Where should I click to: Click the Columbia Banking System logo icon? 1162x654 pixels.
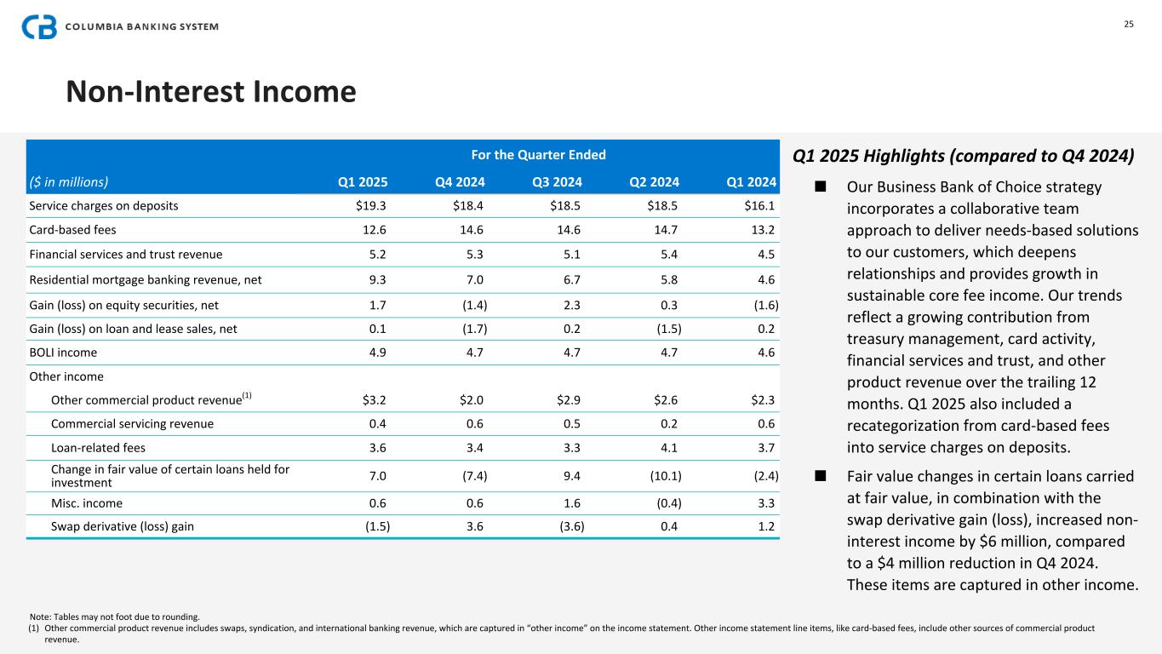pyautogui.click(x=39, y=26)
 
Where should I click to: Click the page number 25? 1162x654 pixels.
pyautogui.click(x=1128, y=24)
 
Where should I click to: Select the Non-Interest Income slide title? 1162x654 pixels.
pyautogui.click(x=210, y=92)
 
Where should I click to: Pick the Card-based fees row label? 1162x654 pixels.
pyautogui.click(x=72, y=229)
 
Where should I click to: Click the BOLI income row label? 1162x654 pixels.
pyautogui.click(x=63, y=353)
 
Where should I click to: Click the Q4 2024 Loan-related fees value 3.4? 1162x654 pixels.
pyautogui.click(x=474, y=448)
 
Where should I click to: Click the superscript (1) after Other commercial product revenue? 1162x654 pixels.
pyautogui.click(x=247, y=395)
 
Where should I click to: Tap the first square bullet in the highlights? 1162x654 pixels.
pyautogui.click(x=821, y=186)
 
